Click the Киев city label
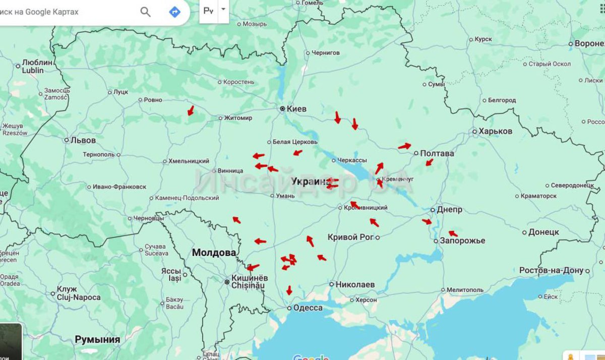coord(297,108)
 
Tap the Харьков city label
coord(496,131)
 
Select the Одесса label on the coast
coord(308,308)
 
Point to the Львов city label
coord(83,140)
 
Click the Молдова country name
coord(214,253)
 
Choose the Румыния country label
coord(97,339)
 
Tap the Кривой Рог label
coord(350,237)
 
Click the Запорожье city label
coord(462,241)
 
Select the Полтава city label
coord(437,153)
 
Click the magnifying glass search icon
coord(146,12)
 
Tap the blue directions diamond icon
coord(175,12)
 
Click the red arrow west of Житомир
coord(190,110)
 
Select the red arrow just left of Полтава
coord(404,146)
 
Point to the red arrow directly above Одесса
coord(289,290)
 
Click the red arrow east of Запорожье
coord(453,233)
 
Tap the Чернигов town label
coord(326,52)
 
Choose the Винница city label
coord(231,171)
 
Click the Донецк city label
coord(543,232)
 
